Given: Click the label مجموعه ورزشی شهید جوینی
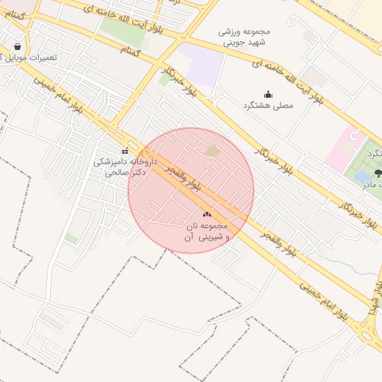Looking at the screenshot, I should (x=242, y=37).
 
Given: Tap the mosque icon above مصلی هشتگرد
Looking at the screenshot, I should (x=268, y=94).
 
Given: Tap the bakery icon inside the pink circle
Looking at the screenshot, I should (x=207, y=214).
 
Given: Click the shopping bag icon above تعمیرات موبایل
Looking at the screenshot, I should (x=17, y=46).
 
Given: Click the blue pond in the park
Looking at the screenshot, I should (x=363, y=178).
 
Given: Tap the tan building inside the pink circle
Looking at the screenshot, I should (x=213, y=151).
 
